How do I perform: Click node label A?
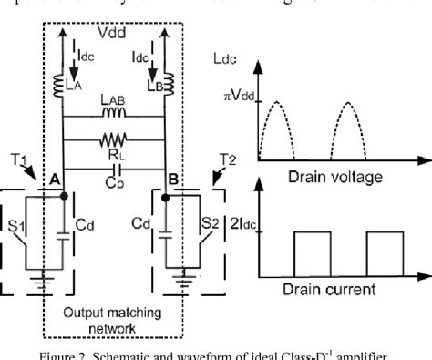(x=54, y=180)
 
